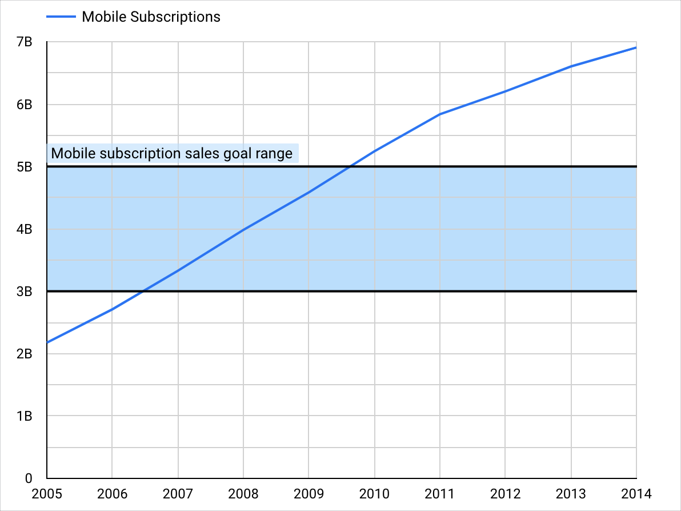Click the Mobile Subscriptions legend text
(x=151, y=17)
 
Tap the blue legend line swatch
(x=61, y=17)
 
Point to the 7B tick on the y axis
(x=24, y=42)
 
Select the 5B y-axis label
(x=24, y=167)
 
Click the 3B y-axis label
(x=24, y=292)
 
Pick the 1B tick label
(x=24, y=416)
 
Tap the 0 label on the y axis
(x=28, y=478)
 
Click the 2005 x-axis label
(x=47, y=493)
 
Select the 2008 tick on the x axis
(x=243, y=493)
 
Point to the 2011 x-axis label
(x=440, y=493)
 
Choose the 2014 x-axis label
(x=636, y=493)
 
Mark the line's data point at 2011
(x=440, y=114)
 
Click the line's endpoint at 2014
(x=636, y=47)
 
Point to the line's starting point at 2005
(x=47, y=343)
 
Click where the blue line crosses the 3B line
(x=143, y=292)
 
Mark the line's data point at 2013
(x=571, y=66)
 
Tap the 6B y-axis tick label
(x=24, y=105)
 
